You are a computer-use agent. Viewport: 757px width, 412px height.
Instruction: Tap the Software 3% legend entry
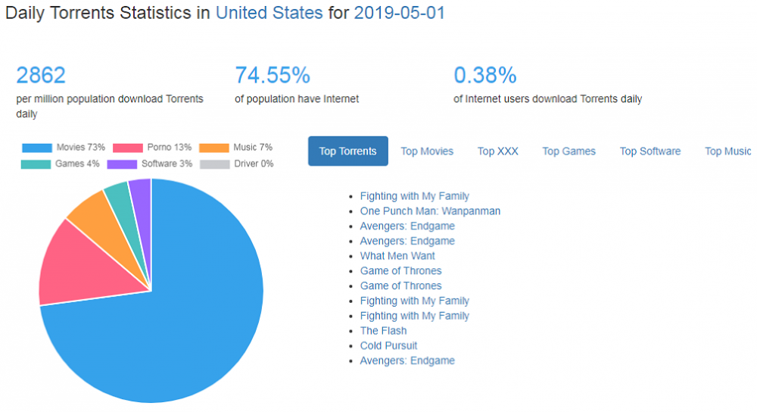(x=151, y=164)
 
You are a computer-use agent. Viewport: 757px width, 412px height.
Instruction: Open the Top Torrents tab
(x=347, y=151)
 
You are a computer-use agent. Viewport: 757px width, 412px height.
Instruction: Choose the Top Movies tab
(x=427, y=151)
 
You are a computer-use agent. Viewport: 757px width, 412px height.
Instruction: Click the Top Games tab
(x=569, y=151)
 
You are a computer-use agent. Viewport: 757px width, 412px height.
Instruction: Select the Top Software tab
(x=650, y=151)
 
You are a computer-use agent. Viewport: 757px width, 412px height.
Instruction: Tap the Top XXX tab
(x=497, y=151)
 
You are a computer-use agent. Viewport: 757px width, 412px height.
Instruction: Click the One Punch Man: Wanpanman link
(x=430, y=211)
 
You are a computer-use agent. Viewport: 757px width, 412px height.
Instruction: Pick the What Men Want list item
(x=397, y=256)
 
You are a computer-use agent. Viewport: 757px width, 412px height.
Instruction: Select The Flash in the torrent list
(x=383, y=331)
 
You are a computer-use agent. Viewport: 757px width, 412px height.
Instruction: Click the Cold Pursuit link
(x=388, y=346)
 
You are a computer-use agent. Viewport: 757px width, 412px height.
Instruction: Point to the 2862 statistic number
(x=41, y=76)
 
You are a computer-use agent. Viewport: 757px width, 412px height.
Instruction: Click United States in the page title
(x=269, y=13)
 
